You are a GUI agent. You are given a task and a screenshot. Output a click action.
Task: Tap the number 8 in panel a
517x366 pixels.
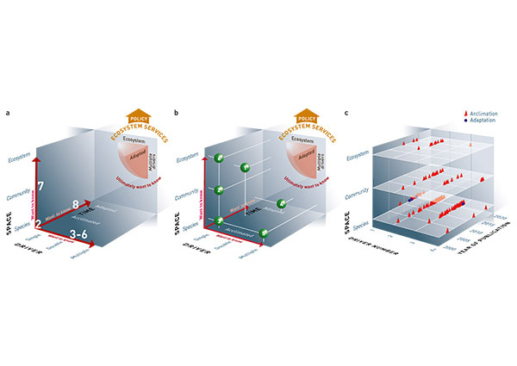[77, 205]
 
